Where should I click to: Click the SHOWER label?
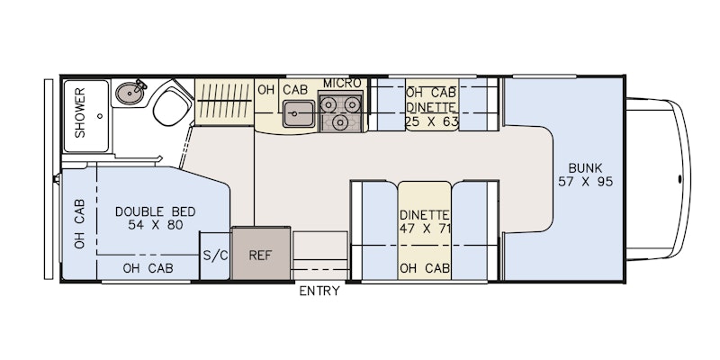[x=80, y=112]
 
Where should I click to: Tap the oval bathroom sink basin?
[x=130, y=94]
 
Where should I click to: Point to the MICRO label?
[x=342, y=84]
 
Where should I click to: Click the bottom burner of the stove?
[x=340, y=121]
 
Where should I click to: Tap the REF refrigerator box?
[x=261, y=253]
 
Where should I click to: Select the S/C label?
[x=215, y=256]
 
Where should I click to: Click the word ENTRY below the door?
[x=319, y=291]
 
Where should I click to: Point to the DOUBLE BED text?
[x=155, y=211]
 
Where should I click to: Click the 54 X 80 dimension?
[x=156, y=225]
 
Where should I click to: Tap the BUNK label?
[x=585, y=167]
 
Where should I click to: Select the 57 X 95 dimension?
[x=586, y=182]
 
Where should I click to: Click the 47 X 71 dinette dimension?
[x=425, y=229]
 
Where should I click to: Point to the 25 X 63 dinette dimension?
[x=432, y=121]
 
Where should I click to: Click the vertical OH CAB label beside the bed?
[x=80, y=224]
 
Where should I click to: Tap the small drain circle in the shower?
[x=100, y=116]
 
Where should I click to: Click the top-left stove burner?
[x=328, y=104]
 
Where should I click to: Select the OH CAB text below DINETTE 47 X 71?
[x=425, y=268]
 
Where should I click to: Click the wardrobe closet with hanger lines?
[x=224, y=102]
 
